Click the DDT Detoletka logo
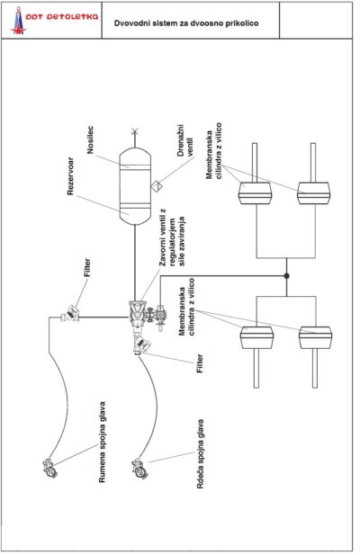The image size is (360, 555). [x=54, y=20]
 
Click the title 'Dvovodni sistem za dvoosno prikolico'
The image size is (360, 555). [x=186, y=23]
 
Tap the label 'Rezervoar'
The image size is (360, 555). [x=70, y=176]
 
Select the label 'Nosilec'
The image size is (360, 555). [x=90, y=139]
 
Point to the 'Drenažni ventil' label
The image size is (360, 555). [x=185, y=140]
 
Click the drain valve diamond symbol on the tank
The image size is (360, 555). [x=156, y=185]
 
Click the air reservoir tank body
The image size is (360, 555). [x=134, y=186]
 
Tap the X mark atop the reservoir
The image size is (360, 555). [x=134, y=132]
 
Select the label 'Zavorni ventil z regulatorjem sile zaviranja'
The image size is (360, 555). [x=173, y=237]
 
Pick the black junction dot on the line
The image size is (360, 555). [x=287, y=276]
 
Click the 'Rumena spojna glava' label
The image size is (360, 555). [x=102, y=442]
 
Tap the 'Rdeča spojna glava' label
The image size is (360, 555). [x=201, y=454]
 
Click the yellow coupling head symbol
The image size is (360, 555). [x=49, y=469]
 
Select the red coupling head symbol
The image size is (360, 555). [x=139, y=469]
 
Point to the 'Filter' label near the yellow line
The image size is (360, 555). [x=87, y=267]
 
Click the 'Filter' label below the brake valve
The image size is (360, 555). [x=200, y=363]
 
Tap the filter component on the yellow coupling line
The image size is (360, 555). [x=71, y=313]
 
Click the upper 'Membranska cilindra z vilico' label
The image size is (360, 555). [x=214, y=151]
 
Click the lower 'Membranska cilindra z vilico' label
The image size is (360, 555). [x=187, y=307]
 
